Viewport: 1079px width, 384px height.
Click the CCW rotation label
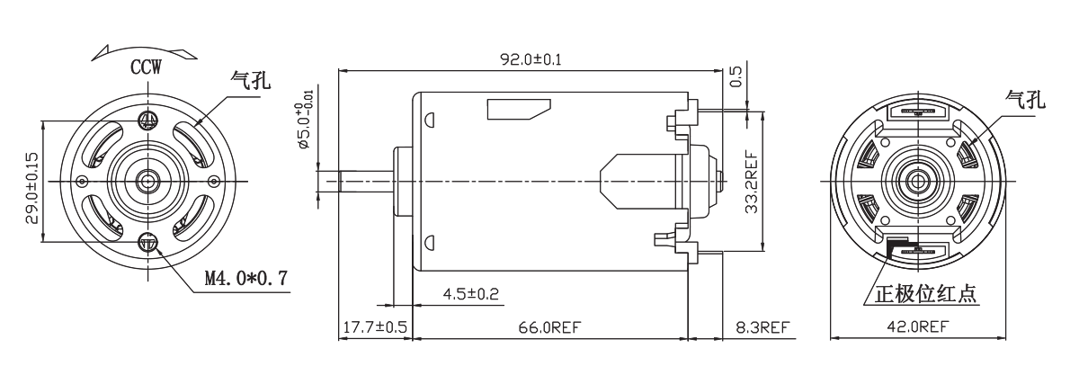[146, 67]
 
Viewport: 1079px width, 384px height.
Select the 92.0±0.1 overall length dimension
[531, 59]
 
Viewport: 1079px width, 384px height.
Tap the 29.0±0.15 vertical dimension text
[31, 188]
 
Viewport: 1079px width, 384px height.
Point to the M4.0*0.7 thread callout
[246, 278]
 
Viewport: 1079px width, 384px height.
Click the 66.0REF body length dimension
[549, 327]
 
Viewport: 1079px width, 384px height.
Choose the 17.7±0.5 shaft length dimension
[375, 327]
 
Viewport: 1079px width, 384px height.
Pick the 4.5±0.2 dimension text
[470, 294]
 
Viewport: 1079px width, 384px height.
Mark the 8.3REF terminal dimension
[762, 327]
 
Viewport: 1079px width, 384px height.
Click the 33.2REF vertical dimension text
[751, 183]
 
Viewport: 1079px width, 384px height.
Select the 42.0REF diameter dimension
[918, 326]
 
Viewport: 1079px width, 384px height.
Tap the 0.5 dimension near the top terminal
[736, 76]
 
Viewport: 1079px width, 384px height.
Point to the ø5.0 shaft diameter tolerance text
[306, 119]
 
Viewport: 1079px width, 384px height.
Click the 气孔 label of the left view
[251, 80]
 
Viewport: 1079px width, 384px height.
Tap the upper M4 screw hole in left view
[147, 120]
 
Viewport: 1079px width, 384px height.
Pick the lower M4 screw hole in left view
[148, 242]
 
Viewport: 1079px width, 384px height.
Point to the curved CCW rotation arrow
[144, 51]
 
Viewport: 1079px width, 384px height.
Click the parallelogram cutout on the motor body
[519, 110]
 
